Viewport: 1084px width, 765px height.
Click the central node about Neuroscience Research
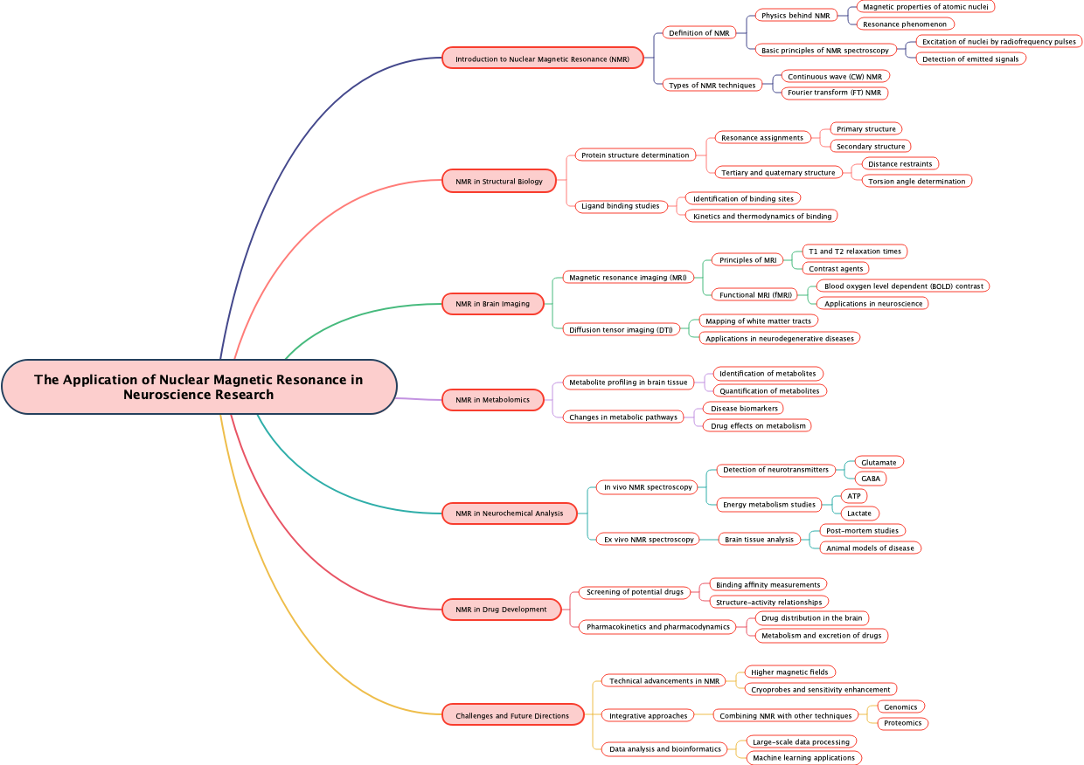(x=199, y=387)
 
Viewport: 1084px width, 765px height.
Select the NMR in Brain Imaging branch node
(x=492, y=304)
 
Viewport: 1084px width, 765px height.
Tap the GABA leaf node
(x=870, y=479)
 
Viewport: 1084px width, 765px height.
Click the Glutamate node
(x=878, y=462)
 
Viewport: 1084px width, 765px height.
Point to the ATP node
(x=853, y=496)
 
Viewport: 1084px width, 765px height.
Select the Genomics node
(x=900, y=706)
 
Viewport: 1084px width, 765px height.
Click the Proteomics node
(x=902, y=723)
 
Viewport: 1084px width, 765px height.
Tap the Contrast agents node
(x=836, y=268)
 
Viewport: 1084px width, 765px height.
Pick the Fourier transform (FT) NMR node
(x=835, y=93)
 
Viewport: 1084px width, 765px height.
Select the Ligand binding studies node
(x=621, y=206)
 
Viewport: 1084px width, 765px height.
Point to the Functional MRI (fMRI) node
(x=755, y=294)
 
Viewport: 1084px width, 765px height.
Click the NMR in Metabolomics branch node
(x=492, y=400)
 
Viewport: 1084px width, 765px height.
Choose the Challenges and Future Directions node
(x=512, y=715)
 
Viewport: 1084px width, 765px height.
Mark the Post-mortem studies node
(x=861, y=530)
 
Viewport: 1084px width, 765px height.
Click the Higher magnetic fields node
(x=789, y=672)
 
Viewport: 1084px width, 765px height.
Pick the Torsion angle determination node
(x=916, y=181)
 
